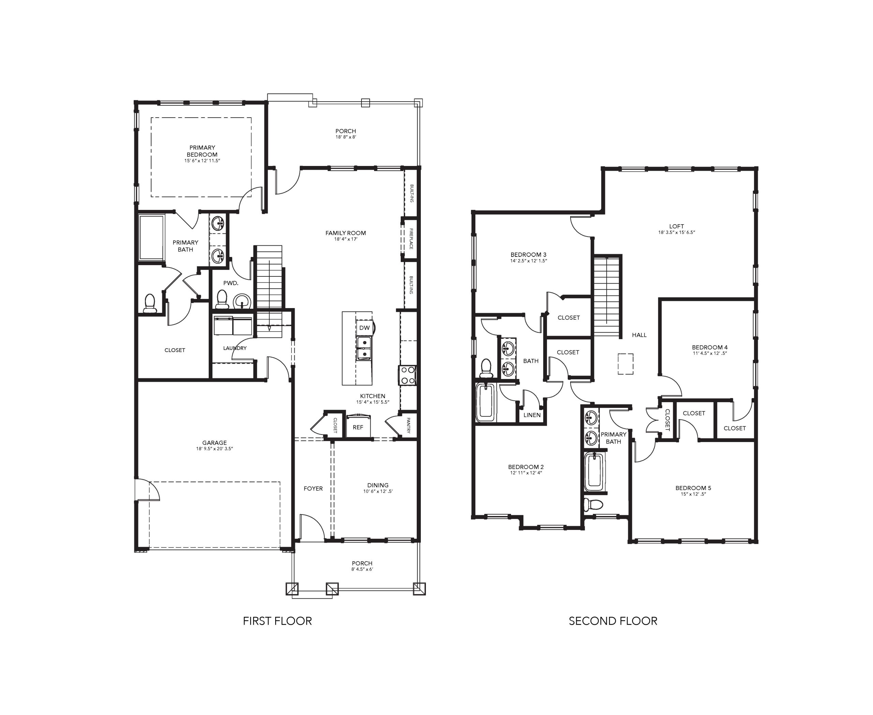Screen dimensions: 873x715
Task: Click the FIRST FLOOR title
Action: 277,621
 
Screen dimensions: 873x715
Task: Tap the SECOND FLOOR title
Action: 613,621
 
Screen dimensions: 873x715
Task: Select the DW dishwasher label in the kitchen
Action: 364,328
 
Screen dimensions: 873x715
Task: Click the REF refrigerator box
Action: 358,427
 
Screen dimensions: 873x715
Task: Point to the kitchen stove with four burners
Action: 407,375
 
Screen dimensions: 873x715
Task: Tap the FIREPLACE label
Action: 411,239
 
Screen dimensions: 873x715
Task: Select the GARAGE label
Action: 214,443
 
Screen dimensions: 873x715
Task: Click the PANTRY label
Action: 409,425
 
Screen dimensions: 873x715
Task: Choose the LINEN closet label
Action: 532,415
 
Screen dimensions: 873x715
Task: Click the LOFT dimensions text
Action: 676,232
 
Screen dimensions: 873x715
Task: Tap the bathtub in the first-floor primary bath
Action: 152,237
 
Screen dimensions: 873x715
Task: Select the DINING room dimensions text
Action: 378,491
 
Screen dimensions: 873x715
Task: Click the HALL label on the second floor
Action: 639,335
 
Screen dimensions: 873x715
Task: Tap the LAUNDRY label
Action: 235,348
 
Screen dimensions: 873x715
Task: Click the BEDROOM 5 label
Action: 693,488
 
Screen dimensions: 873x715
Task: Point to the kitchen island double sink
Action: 364,348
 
